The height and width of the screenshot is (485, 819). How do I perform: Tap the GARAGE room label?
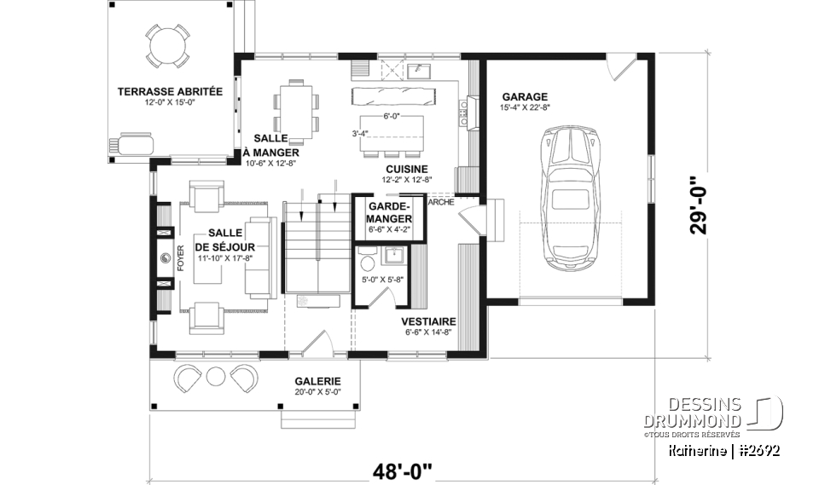pos(525,96)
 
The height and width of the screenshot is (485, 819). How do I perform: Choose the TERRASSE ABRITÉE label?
pos(170,91)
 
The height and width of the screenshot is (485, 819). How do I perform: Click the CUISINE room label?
pos(405,169)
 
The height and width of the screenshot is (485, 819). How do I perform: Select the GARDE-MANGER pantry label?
pos(389,212)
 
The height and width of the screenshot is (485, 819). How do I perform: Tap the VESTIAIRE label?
pos(428,321)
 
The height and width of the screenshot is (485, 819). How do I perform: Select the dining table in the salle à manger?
pos(296,107)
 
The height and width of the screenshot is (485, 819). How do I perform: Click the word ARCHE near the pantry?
pos(440,203)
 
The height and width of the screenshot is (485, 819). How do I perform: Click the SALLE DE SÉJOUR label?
pos(228,240)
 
